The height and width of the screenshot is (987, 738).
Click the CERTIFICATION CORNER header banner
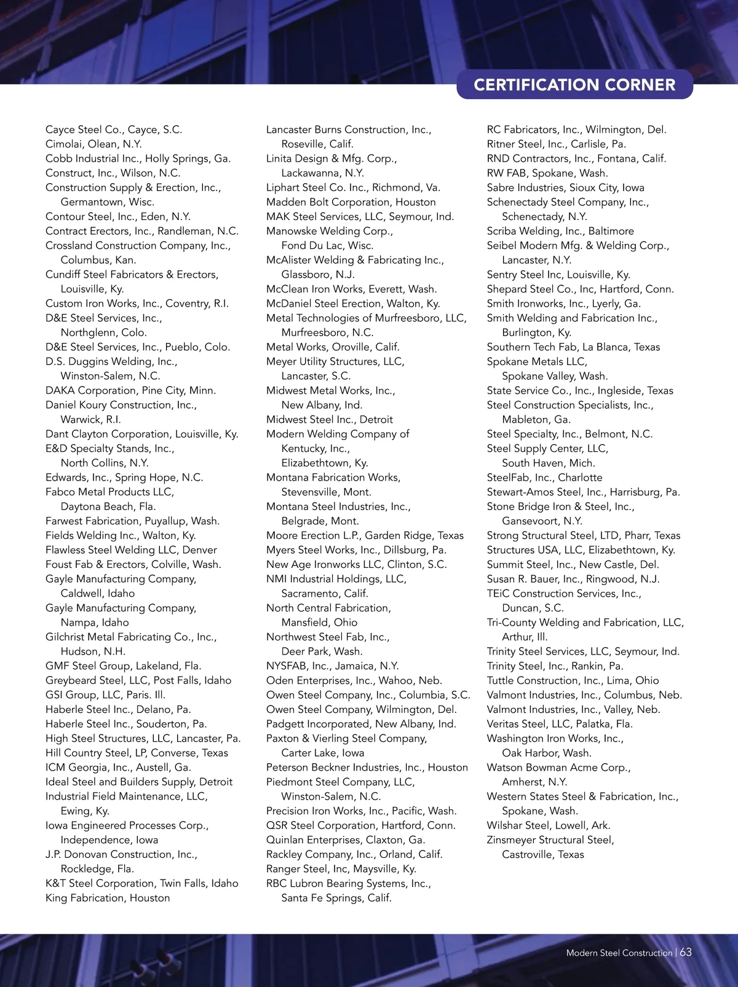(574, 85)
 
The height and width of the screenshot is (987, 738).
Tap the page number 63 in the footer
(686, 952)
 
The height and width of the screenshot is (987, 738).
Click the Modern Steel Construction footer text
(619, 953)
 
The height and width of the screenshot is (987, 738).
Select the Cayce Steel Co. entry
(114, 130)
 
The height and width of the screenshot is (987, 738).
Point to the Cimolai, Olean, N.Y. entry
(93, 144)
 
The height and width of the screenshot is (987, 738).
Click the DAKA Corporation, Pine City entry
(130, 390)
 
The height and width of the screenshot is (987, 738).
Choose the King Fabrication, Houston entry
(108, 898)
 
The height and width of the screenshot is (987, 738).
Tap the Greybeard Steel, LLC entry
(138, 680)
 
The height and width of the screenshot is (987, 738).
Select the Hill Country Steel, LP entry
(137, 753)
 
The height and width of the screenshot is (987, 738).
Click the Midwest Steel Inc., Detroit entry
(330, 419)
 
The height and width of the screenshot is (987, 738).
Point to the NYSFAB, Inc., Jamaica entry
(333, 666)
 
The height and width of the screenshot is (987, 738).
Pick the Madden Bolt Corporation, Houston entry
(351, 202)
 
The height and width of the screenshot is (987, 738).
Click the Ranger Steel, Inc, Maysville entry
(341, 869)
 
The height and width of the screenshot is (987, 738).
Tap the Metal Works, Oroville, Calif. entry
(333, 347)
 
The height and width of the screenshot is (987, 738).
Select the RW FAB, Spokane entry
(547, 173)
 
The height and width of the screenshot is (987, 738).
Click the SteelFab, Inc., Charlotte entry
(544, 478)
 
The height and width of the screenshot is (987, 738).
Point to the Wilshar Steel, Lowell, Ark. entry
(549, 825)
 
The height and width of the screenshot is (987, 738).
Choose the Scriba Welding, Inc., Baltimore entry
(560, 231)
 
